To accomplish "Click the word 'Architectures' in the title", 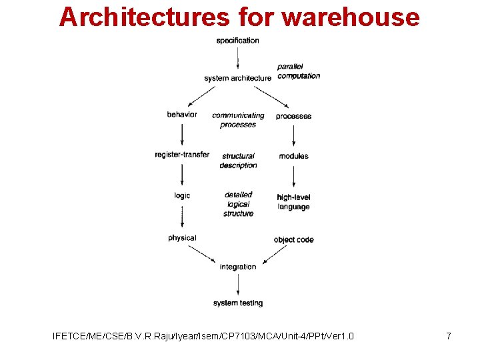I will tap(143, 17).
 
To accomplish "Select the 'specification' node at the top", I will tap(237, 41).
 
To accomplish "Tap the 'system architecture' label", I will tap(237, 78).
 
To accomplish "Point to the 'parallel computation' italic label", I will tap(298, 71).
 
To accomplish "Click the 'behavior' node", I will tap(182, 115).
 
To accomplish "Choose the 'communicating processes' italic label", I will tap(238, 120).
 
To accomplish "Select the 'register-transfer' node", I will tap(182, 155).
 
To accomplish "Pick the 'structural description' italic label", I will tap(238, 161).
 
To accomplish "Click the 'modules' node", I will tap(293, 156).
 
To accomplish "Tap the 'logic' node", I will tap(182, 195).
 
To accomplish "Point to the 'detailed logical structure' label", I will tap(238, 204).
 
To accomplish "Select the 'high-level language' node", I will tap(293, 202).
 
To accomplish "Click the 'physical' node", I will tap(182, 238).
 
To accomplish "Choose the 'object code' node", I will tap(293, 239).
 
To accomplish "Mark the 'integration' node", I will tap(238, 267).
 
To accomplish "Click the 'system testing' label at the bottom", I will tap(238, 303).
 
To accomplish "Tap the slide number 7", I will tap(449, 336).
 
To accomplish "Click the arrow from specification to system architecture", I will tap(238, 59).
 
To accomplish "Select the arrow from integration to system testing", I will tap(238, 285).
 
